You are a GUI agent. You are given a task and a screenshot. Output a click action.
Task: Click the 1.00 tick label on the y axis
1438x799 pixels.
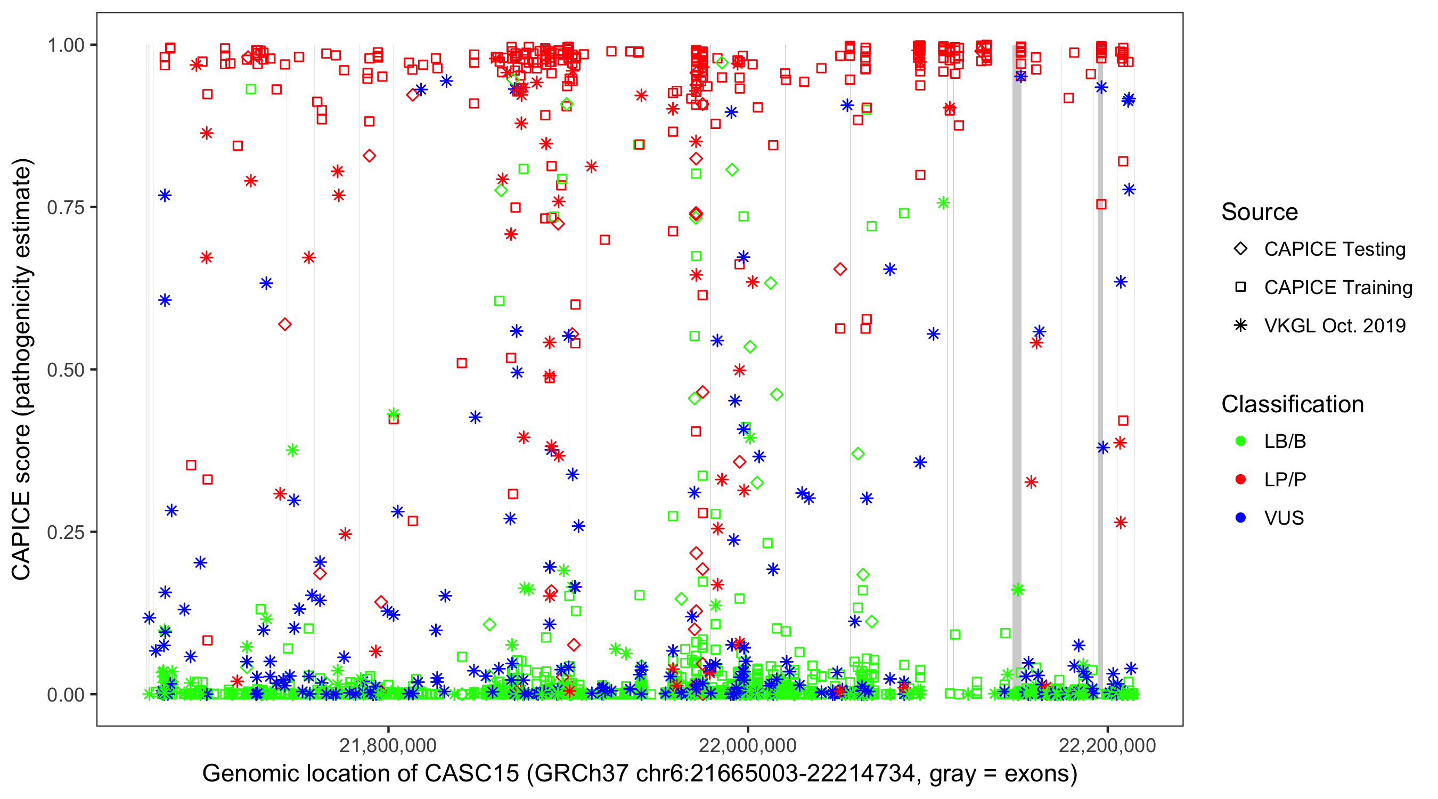point(65,45)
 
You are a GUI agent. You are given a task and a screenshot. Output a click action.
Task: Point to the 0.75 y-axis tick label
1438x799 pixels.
point(65,208)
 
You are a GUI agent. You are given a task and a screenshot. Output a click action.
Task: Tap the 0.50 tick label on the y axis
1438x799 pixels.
point(65,370)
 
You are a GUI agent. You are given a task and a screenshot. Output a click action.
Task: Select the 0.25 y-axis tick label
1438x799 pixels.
point(65,532)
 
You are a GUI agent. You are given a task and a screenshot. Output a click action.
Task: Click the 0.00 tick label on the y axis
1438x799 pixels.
point(65,695)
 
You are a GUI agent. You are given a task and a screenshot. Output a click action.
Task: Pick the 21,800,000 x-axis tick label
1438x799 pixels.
point(388,746)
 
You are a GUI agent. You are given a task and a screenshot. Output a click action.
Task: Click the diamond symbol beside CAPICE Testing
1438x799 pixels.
point(1240,249)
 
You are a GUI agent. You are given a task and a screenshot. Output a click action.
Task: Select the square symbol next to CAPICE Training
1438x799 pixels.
point(1240,288)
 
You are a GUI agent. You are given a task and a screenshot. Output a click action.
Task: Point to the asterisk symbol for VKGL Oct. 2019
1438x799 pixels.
point(1240,325)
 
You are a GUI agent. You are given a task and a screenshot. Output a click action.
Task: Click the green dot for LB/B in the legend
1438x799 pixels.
point(1240,442)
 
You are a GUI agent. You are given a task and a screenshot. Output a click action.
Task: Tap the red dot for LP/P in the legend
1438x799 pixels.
point(1240,479)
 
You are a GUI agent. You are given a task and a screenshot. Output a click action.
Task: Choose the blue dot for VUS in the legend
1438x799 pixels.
point(1240,518)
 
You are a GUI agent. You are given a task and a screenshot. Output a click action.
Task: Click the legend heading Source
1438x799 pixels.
point(1260,212)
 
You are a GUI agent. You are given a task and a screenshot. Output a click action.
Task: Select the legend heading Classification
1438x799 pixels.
point(1292,404)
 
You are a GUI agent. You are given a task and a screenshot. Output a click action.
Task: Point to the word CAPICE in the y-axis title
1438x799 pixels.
point(21,535)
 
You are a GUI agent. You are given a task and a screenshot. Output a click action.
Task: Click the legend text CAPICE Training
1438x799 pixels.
point(1338,288)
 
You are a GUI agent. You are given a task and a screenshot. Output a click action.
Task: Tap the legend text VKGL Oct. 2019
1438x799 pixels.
point(1335,325)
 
